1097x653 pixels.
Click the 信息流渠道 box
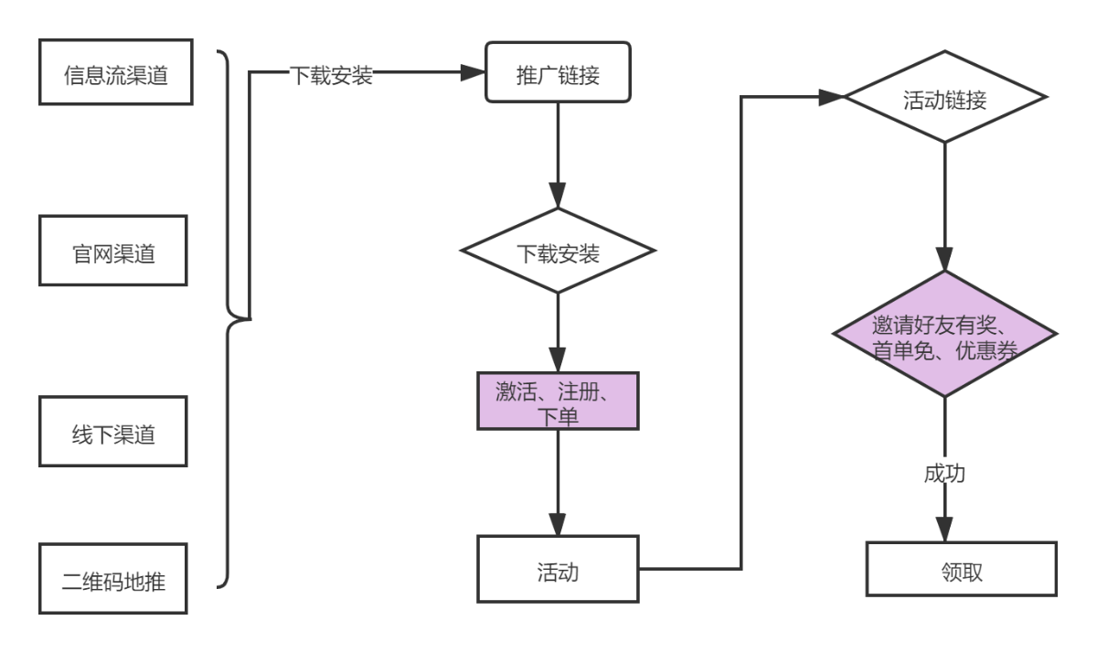click(116, 73)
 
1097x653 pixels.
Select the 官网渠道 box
click(113, 252)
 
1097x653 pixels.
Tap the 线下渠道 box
click(113, 433)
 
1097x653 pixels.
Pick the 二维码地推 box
click(113, 579)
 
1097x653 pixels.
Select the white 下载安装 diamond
click(558, 252)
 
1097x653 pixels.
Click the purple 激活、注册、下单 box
click(558, 401)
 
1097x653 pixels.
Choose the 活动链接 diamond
click(945, 98)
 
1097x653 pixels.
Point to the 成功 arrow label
click(945, 473)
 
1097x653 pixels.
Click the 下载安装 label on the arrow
click(331, 75)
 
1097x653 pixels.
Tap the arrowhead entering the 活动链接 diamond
click(832, 97)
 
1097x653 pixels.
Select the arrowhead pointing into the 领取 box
click(945, 530)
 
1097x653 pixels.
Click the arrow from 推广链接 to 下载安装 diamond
click(558, 146)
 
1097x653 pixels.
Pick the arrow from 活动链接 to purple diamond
click(945, 201)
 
